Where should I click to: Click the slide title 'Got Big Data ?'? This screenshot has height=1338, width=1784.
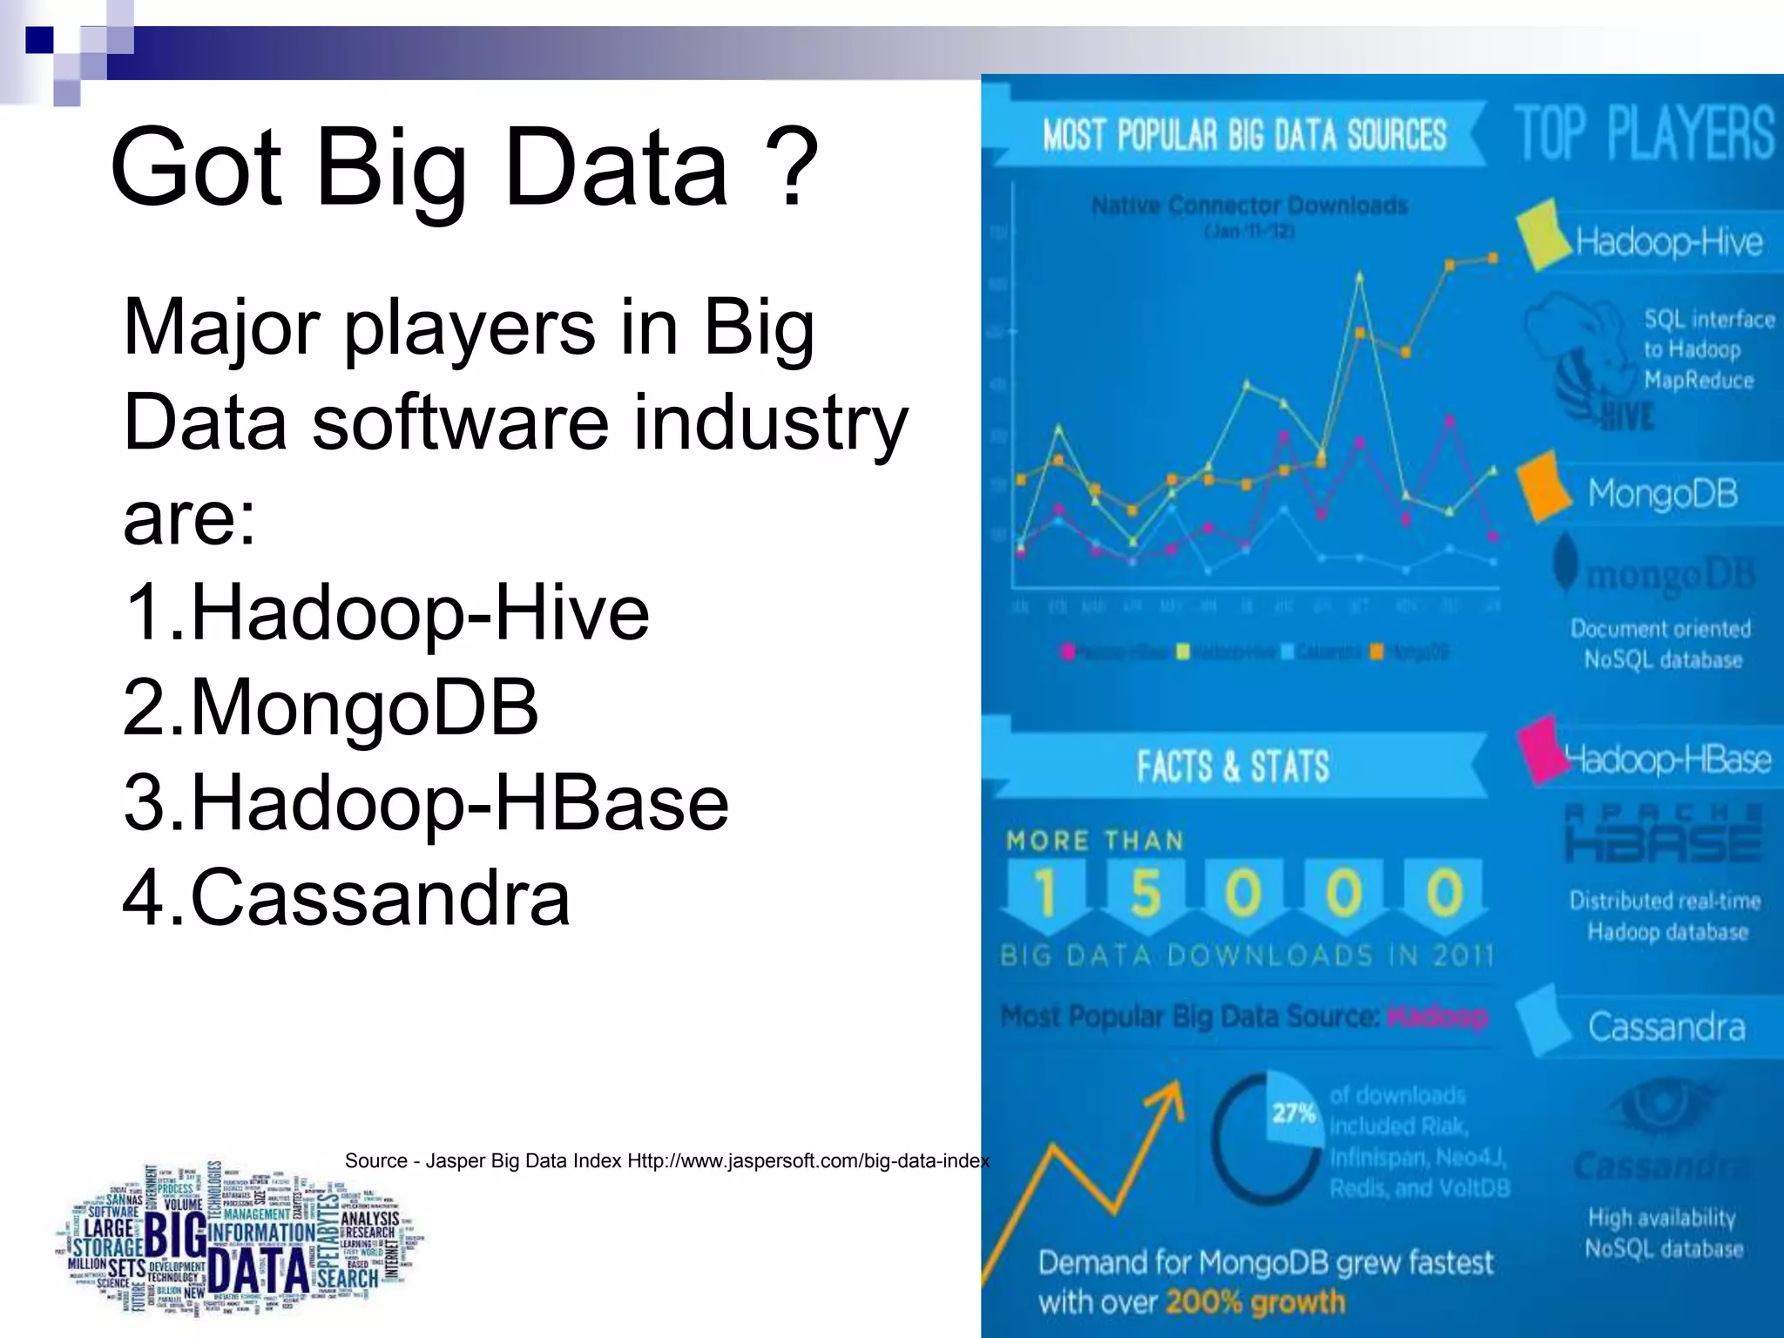pos(463,167)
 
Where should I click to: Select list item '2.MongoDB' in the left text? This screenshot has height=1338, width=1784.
pos(331,707)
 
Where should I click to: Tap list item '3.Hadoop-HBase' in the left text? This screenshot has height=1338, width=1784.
pos(425,802)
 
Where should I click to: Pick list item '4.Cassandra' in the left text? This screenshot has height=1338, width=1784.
pos(346,897)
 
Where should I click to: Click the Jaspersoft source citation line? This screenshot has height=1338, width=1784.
pos(666,1161)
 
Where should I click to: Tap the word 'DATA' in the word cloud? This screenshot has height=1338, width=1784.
pos(260,1272)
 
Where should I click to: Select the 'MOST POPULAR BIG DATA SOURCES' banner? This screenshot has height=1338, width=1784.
pos(1244,135)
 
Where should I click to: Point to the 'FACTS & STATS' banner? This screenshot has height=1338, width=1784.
pos(1232,767)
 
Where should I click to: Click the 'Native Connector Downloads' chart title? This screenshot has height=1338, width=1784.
pos(1249,206)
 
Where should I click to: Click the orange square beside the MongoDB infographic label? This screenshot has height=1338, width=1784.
pos(1544,487)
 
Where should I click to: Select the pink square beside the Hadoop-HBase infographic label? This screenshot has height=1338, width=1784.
pos(1540,749)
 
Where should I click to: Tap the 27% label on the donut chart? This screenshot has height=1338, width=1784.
pos(1293,1113)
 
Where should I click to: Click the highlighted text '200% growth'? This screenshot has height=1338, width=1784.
pos(1254,1302)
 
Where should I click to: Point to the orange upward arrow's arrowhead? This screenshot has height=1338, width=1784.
pos(1173,1092)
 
